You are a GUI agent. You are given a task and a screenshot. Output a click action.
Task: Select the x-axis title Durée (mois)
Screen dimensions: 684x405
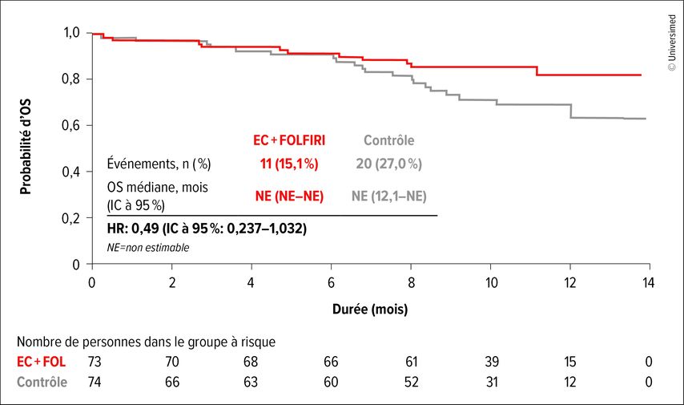tap(370, 310)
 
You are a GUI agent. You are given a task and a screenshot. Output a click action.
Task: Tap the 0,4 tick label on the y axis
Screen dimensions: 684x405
tap(71, 172)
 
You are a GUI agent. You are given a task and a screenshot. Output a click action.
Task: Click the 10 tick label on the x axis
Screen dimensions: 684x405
tap(492, 283)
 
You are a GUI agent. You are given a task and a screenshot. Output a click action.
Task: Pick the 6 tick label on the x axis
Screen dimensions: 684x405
tap(331, 283)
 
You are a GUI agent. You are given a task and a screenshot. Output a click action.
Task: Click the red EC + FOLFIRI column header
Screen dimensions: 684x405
tap(289, 140)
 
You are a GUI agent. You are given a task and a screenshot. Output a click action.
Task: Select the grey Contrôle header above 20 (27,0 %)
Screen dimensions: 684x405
tap(389, 140)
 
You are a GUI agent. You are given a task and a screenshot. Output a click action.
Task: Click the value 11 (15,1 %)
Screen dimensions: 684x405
tap(289, 164)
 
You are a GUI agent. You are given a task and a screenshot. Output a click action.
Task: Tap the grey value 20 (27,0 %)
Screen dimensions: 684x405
tap(389, 164)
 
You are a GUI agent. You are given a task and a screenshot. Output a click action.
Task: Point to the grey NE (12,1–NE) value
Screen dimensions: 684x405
tap(389, 196)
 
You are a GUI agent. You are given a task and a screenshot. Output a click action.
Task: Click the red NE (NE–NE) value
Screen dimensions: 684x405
tap(289, 196)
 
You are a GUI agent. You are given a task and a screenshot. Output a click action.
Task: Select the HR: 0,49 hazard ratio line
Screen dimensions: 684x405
tap(207, 229)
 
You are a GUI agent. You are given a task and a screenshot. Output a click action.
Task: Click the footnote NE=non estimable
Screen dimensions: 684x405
tap(148, 248)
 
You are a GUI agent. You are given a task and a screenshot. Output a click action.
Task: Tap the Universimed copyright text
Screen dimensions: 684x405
tap(672, 43)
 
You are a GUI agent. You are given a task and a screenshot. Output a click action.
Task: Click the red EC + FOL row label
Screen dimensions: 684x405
tap(41, 362)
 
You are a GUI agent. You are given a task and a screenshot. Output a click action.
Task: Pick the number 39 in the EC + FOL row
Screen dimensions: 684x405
tap(492, 362)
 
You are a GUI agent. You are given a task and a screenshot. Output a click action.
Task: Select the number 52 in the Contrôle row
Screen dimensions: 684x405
tap(412, 383)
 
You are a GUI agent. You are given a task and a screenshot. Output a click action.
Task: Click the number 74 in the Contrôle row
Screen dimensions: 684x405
tap(95, 383)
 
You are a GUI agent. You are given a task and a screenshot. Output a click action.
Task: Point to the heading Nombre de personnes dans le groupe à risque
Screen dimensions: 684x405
tap(146, 342)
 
